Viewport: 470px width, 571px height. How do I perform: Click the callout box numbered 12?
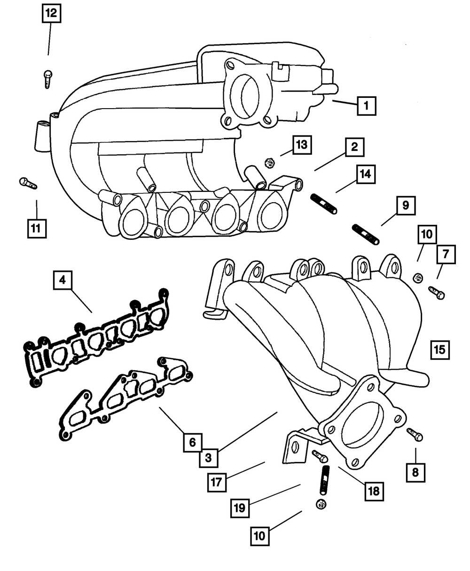[x=51, y=13]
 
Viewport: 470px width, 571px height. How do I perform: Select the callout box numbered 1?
[x=367, y=105]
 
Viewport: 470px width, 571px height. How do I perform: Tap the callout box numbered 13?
[x=302, y=145]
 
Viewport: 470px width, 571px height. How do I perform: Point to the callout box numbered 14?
[x=366, y=174]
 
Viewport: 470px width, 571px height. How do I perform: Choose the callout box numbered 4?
[x=63, y=280]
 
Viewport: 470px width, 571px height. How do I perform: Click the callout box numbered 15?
[x=440, y=350]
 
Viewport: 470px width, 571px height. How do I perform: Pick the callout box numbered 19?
[x=240, y=508]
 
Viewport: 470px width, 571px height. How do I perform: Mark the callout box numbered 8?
[x=415, y=473]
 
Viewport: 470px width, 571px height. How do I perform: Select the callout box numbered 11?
[x=37, y=228]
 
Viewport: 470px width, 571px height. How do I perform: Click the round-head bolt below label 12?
[x=48, y=79]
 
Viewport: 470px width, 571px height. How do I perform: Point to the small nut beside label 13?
[x=270, y=164]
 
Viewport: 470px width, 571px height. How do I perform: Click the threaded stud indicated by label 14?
[x=324, y=204]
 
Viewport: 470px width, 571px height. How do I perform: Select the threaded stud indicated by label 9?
[x=366, y=235]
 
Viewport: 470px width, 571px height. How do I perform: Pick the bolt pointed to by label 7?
[x=437, y=293]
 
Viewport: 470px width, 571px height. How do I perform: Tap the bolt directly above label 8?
[x=415, y=435]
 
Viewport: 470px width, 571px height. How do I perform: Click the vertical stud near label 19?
[x=324, y=480]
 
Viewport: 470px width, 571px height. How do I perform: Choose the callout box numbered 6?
[x=193, y=443]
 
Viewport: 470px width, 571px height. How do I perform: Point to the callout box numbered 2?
[x=355, y=147]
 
